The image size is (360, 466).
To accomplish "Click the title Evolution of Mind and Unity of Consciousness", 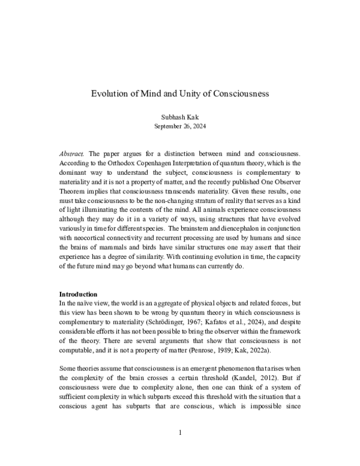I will pyautogui.click(x=180, y=94).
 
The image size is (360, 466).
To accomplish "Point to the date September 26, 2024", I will pyautogui.click(x=180, y=127).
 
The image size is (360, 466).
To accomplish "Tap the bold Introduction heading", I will pyautogui.click(x=78, y=294).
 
